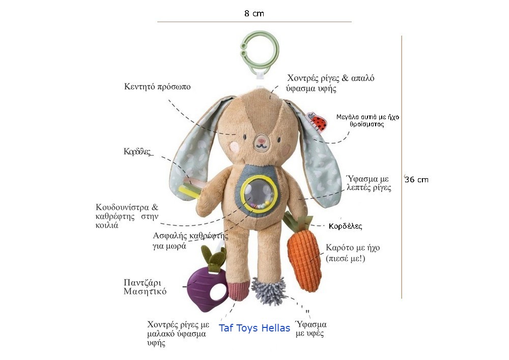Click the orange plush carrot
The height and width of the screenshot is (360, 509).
pyautogui.click(x=304, y=257)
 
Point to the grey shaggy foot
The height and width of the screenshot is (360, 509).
pyautogui.click(x=268, y=291)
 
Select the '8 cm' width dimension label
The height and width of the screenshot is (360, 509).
pyautogui.click(x=254, y=13)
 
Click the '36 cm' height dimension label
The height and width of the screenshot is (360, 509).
pyautogui.click(x=416, y=180)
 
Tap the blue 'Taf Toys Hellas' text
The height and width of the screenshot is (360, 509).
pyautogui.click(x=254, y=328)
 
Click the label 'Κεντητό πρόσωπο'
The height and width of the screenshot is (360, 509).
pyautogui.click(x=157, y=87)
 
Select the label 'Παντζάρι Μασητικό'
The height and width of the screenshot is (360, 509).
pyautogui.click(x=145, y=287)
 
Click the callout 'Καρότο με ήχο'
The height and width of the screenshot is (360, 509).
pyautogui.click(x=353, y=247)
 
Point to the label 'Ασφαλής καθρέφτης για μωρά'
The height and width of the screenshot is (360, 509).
pyautogui.click(x=190, y=240)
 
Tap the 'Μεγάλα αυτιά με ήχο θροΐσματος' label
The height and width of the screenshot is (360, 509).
pyautogui.click(x=367, y=121)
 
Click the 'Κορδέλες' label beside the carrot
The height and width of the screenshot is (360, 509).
pyautogui.click(x=346, y=226)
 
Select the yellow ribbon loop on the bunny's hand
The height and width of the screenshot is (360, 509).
pyautogui.click(x=189, y=191)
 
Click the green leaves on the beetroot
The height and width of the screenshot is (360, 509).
pyautogui.click(x=213, y=258)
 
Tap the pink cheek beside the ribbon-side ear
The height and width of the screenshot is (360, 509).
pyautogui.click(x=234, y=148)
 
